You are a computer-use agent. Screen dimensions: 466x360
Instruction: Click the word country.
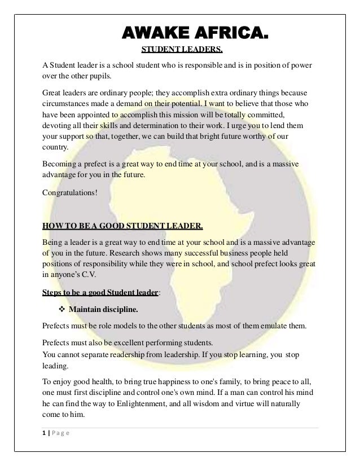point(54,148)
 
